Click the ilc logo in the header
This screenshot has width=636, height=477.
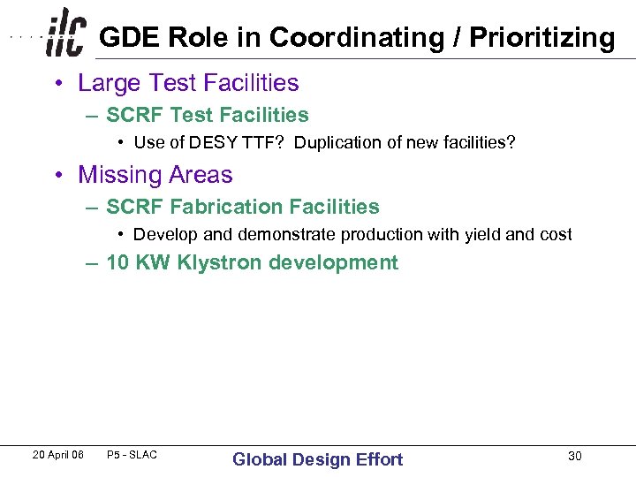(66, 34)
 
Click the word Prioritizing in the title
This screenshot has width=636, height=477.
(541, 38)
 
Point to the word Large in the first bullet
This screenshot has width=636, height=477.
(109, 83)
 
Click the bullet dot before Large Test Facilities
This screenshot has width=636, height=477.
(57, 84)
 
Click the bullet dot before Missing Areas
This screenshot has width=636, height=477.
(57, 176)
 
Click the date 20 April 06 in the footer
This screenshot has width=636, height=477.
(57, 455)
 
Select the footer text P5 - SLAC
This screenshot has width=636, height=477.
(131, 455)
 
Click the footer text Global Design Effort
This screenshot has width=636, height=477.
(317, 459)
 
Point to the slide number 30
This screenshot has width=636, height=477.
(575, 456)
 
